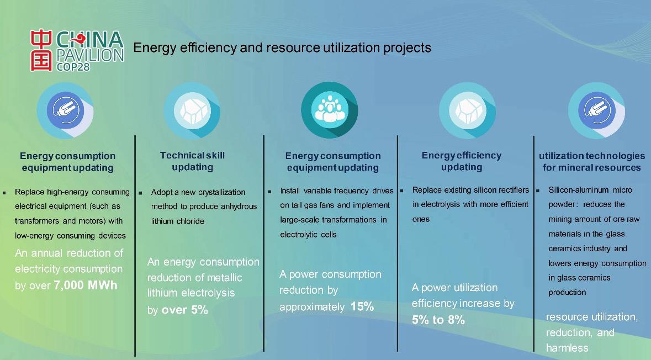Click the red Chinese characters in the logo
tap(41, 50)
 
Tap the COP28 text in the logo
tap(73, 66)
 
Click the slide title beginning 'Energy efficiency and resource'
tap(282, 47)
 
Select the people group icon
tap(330, 110)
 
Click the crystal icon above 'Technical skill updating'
tap(192, 110)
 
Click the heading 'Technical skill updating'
tap(193, 161)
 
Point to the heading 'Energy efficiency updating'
tap(462, 161)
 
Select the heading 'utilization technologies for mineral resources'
tap(592, 162)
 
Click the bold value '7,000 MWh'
tap(86, 285)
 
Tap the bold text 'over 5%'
tap(185, 310)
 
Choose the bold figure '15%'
tap(362, 306)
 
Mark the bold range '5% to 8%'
tap(438, 320)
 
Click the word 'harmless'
tap(567, 348)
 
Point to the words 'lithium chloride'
tap(178, 221)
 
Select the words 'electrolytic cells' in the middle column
tap(308, 235)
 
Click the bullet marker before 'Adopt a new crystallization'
tap(140, 193)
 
